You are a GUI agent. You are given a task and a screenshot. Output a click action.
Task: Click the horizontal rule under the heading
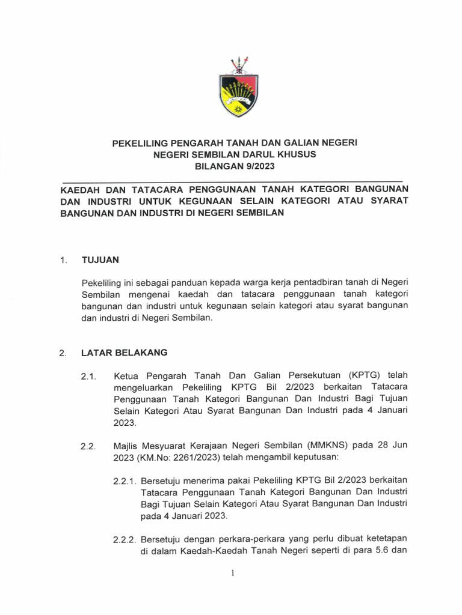coord(232,180)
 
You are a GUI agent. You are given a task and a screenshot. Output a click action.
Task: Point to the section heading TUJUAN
coord(100,260)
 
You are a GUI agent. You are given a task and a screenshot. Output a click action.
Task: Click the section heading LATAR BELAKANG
coord(124,353)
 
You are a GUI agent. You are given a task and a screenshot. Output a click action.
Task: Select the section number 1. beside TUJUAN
coord(63,261)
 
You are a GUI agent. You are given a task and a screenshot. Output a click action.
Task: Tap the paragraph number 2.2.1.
coord(125,480)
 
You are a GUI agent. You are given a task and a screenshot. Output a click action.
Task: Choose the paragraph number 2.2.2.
coord(125,540)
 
